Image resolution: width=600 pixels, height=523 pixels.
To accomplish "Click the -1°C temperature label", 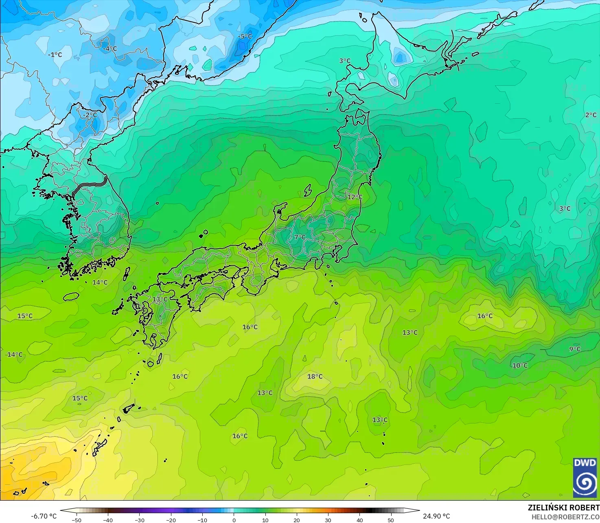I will [x=55, y=54].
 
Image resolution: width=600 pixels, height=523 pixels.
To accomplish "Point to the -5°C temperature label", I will [x=245, y=37].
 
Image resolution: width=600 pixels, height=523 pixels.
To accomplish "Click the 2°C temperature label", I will [x=591, y=115].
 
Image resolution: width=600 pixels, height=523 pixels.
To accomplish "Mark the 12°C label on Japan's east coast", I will [x=355, y=197].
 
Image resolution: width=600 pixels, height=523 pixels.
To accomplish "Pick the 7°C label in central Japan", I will [x=300, y=237].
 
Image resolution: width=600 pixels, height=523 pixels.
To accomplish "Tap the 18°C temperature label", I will [x=315, y=377].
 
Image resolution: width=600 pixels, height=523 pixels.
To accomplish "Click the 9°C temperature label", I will [x=575, y=349].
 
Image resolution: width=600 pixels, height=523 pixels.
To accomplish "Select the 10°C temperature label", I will [x=520, y=366].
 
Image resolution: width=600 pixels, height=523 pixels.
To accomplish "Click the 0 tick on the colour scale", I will [x=234, y=520].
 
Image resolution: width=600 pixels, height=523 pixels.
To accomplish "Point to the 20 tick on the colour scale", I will [x=297, y=520].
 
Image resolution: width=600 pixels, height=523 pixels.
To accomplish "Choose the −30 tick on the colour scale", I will [x=139, y=520].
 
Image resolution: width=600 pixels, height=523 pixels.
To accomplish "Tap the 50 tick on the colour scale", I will [x=391, y=520].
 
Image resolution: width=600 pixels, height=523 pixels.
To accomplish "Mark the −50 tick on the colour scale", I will [x=77, y=520].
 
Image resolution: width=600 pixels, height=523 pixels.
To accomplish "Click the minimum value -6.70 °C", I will [x=44, y=516].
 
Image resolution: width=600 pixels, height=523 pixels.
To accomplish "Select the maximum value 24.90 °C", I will [x=436, y=516].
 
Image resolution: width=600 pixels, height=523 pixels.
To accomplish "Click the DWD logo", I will [x=585, y=477].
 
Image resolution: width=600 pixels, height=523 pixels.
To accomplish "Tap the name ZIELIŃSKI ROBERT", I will [x=563, y=508].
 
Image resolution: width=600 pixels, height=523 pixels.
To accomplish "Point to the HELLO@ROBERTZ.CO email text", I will [x=565, y=516].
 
